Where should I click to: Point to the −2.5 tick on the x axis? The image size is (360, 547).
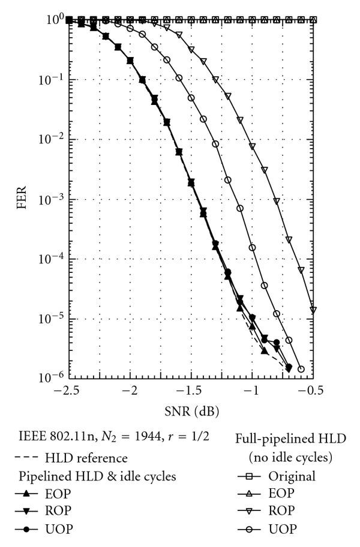[70, 390]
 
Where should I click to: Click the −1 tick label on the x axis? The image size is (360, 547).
[252, 390]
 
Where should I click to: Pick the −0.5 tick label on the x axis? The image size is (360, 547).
[312, 390]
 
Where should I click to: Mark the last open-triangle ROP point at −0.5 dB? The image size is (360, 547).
[313, 310]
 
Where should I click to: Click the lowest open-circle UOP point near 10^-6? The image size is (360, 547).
[301, 369]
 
